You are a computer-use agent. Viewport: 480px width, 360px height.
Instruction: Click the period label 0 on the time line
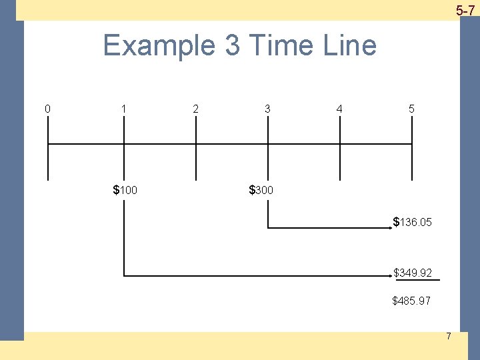[x=47, y=109]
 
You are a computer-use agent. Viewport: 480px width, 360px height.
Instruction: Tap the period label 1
[x=123, y=109]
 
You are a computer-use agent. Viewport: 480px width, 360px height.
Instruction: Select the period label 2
[x=195, y=109]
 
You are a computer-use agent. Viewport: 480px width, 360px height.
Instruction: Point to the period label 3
[x=267, y=109]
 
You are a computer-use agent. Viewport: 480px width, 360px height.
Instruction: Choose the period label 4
[x=339, y=109]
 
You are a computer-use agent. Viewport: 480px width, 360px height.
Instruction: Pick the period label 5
[x=411, y=109]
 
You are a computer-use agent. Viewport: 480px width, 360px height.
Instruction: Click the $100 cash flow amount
[x=125, y=191]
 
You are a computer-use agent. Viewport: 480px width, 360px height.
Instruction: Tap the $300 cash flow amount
[x=261, y=191]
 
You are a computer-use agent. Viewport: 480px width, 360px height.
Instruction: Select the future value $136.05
[x=413, y=222]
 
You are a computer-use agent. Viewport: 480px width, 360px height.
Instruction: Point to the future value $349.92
[x=413, y=273]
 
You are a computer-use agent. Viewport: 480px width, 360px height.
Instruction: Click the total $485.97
[x=411, y=301]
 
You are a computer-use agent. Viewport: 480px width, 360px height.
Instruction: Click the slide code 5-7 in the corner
[x=465, y=10]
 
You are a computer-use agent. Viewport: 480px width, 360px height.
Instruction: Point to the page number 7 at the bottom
[x=448, y=336]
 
